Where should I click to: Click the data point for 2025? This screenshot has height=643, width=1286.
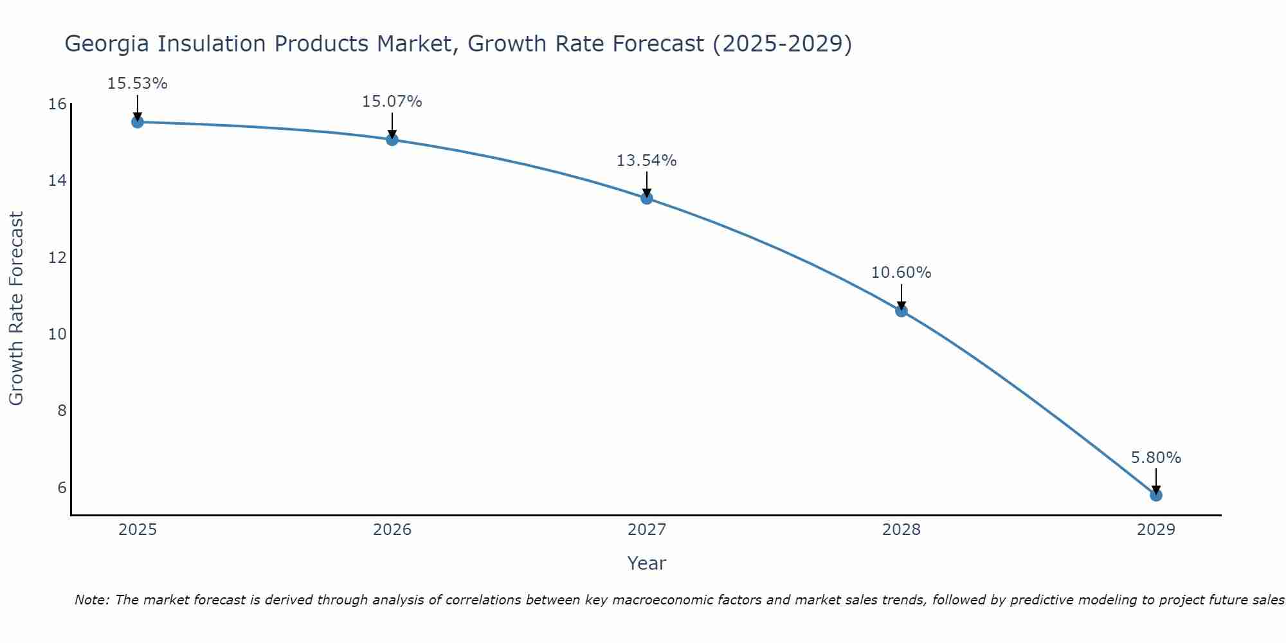(137, 122)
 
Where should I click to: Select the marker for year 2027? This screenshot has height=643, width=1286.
(646, 198)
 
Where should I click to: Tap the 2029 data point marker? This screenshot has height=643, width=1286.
(1155, 495)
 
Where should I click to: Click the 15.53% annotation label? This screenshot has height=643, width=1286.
(137, 84)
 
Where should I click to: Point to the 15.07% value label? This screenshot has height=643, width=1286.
(392, 102)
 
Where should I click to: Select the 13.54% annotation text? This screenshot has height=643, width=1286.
(646, 161)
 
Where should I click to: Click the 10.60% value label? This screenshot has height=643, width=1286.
(901, 273)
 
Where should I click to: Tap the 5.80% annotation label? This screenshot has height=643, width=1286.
(1155, 458)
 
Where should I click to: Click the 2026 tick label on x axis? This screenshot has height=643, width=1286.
(392, 530)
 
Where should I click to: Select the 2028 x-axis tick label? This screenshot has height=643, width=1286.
(901, 530)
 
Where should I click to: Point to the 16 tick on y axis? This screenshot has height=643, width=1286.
(58, 104)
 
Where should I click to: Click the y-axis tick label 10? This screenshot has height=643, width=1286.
(58, 334)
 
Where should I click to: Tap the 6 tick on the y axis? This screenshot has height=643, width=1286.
(62, 487)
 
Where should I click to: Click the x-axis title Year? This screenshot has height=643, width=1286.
(646, 563)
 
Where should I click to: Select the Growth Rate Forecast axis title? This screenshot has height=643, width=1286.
(16, 309)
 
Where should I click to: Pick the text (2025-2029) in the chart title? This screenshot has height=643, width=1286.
(782, 44)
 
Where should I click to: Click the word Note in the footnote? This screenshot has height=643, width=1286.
(92, 600)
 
